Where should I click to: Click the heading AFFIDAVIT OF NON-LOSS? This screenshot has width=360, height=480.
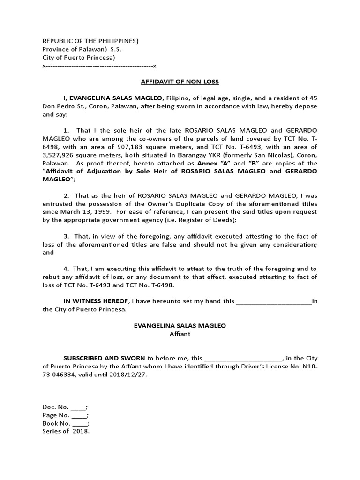(180, 82)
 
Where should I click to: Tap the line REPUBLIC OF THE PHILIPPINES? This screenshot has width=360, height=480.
(90, 41)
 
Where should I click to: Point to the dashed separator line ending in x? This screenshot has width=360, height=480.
(99, 66)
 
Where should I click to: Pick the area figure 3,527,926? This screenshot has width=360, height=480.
(60, 147)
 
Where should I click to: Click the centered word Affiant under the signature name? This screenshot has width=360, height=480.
(180, 334)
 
